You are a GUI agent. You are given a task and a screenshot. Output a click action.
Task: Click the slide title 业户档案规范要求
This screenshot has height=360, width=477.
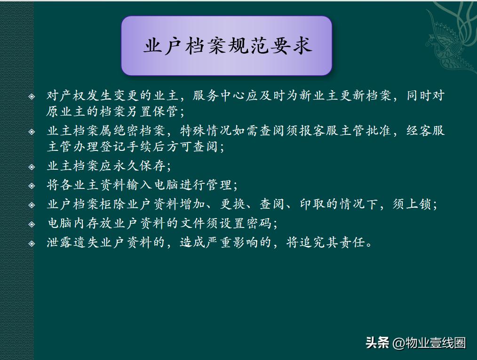227,46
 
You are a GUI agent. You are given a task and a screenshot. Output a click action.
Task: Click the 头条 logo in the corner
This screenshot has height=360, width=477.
377,343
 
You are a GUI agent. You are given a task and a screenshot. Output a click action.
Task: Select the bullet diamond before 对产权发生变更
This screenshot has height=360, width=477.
32,96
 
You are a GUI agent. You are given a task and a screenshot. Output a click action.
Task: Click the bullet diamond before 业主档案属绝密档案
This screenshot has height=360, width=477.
32,131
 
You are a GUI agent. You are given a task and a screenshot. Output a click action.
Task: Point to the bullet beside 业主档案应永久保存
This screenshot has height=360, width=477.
32,166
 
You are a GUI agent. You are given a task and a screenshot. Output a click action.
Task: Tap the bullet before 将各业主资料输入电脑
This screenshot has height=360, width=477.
32,185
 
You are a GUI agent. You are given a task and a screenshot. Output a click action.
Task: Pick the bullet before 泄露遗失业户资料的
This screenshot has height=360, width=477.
32,243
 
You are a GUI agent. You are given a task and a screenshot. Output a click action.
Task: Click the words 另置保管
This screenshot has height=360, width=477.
152,112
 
